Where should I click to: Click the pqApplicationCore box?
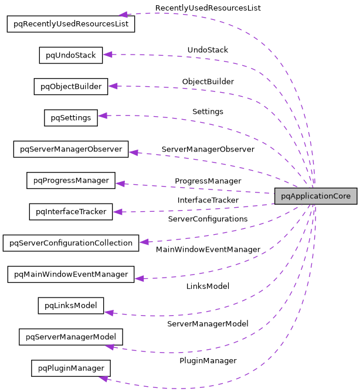(x=315, y=196)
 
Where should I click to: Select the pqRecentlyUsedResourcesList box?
(x=70, y=24)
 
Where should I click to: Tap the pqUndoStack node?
(x=70, y=55)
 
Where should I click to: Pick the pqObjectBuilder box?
(x=70, y=86)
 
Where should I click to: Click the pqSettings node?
(x=70, y=117)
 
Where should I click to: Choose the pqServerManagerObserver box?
(x=70, y=149)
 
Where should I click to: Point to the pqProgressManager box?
(x=70, y=180)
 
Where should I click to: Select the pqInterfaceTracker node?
(x=70, y=211)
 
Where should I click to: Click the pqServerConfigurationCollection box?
(x=70, y=242)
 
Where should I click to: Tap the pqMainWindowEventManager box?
(x=70, y=274)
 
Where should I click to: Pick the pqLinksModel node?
(x=70, y=305)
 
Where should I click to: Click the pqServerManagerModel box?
(x=70, y=336)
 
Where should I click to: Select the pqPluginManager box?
(x=70, y=368)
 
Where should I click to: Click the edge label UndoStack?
(x=208, y=50)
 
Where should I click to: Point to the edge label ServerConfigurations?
(x=208, y=219)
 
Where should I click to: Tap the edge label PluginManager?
(x=208, y=360)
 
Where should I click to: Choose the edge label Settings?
(x=208, y=111)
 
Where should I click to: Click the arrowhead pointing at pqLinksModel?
(x=108, y=312)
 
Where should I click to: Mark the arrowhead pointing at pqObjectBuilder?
(x=113, y=86)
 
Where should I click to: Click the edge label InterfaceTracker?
(x=208, y=200)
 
